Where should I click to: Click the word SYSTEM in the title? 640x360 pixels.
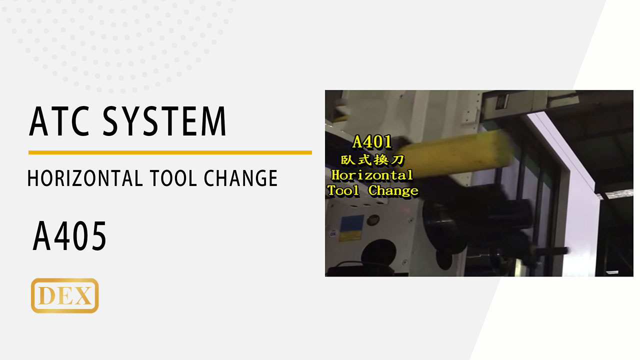click(164, 121)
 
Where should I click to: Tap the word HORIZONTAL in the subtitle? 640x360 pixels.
click(85, 178)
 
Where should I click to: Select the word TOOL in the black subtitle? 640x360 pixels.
click(173, 178)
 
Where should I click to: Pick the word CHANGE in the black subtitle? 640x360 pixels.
click(240, 178)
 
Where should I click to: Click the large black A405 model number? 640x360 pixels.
click(69, 236)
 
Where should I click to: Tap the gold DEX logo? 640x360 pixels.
click(65, 295)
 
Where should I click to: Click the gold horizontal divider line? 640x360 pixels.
click(170, 152)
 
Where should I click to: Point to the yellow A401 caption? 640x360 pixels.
click(372, 142)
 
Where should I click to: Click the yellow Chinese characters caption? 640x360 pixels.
click(372, 159)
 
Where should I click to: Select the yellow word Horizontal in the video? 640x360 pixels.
click(372, 175)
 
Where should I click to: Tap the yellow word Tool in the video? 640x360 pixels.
click(343, 190)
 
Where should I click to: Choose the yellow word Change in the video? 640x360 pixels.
click(393, 191)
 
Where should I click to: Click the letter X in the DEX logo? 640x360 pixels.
click(84, 295)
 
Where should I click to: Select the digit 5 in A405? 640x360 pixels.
click(98, 236)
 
